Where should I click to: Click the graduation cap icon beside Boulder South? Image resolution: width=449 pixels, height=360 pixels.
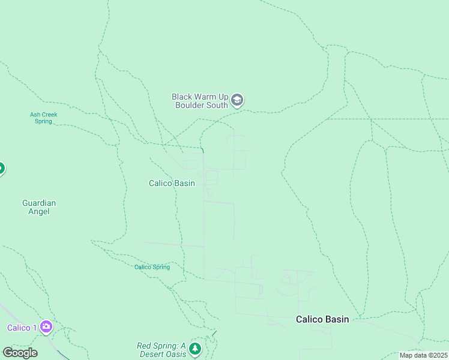point(237,100)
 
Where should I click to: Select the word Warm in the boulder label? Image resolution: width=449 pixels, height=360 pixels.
point(206,96)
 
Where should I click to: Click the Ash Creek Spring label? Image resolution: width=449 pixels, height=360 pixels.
point(43,118)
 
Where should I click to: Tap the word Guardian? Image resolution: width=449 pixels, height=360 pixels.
point(39,203)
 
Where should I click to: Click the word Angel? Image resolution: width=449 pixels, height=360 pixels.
point(39,211)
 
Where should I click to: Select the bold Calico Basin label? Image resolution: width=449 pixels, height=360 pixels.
point(322,319)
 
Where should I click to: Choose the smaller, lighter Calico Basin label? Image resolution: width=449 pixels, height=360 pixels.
point(172,183)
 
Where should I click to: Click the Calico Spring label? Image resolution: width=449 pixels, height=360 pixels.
point(152,267)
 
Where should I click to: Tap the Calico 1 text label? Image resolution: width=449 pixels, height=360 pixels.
point(22,328)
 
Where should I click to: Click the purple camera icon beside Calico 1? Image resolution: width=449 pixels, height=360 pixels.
point(46,327)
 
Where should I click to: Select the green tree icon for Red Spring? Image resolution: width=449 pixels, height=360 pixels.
point(194,349)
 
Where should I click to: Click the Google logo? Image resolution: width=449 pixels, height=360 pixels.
point(20,353)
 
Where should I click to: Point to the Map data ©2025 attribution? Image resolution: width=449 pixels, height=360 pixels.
point(423,355)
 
